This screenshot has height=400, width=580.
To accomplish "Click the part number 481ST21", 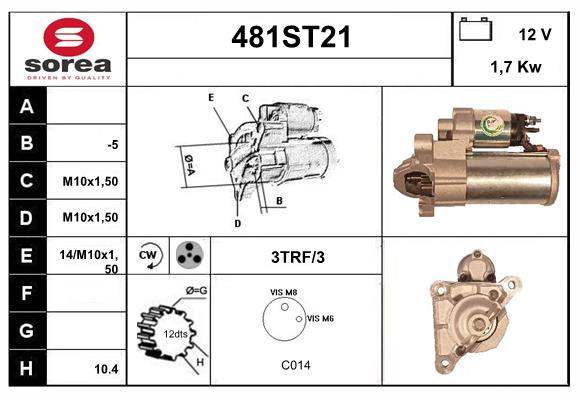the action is pyautogui.click(x=291, y=37).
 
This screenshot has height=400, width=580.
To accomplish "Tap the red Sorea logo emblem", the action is pyautogui.click(x=69, y=37).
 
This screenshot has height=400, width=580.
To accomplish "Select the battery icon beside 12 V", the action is pyautogui.click(x=476, y=29).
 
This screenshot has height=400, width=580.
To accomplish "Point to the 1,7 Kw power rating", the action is pyautogui.click(x=516, y=67).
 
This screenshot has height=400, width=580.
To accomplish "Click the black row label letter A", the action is pyautogui.click(x=27, y=107).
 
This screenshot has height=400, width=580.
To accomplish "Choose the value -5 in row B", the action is pyautogui.click(x=113, y=145).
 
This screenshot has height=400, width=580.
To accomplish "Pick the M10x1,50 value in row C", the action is pyautogui.click(x=90, y=181).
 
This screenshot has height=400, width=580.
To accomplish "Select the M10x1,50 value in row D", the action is pyautogui.click(x=90, y=217).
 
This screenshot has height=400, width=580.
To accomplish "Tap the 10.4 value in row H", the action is pyautogui.click(x=106, y=369).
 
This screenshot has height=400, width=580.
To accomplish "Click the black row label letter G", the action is pyautogui.click(x=27, y=330).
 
